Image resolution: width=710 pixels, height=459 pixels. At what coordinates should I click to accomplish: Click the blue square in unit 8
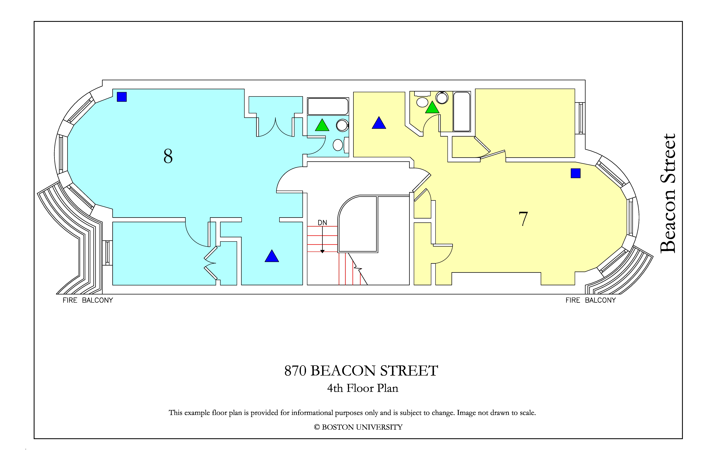pyautogui.click(x=122, y=97)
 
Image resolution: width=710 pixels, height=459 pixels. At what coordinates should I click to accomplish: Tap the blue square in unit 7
pyautogui.click(x=576, y=173)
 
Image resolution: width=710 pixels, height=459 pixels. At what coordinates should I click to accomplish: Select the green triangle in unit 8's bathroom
pyautogui.click(x=322, y=125)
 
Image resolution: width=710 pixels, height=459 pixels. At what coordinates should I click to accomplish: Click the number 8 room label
pyautogui.click(x=168, y=156)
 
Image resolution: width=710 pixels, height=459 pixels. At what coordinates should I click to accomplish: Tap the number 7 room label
pyautogui.click(x=523, y=219)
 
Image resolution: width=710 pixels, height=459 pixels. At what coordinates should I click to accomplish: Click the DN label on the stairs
pyautogui.click(x=322, y=223)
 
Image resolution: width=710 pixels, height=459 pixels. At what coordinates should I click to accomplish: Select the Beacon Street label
pyautogui.click(x=668, y=193)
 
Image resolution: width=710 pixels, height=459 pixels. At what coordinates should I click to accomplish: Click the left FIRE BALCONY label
pyautogui.click(x=88, y=300)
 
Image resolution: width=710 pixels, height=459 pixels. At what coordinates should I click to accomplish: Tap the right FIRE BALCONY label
pyautogui.click(x=591, y=300)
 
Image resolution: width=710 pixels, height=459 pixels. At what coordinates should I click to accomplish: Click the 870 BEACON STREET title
pyautogui.click(x=361, y=371)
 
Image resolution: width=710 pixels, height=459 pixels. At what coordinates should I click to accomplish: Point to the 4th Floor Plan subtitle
pyautogui.click(x=363, y=388)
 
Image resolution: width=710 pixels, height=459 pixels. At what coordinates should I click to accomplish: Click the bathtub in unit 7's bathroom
pyautogui.click(x=462, y=111)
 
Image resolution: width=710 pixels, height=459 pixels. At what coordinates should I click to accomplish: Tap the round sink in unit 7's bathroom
pyautogui.click(x=442, y=98)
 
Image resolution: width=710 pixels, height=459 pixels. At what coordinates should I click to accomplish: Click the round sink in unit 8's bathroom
pyautogui.click(x=342, y=125)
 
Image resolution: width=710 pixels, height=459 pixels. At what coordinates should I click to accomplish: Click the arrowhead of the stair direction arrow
pyautogui.click(x=322, y=252)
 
